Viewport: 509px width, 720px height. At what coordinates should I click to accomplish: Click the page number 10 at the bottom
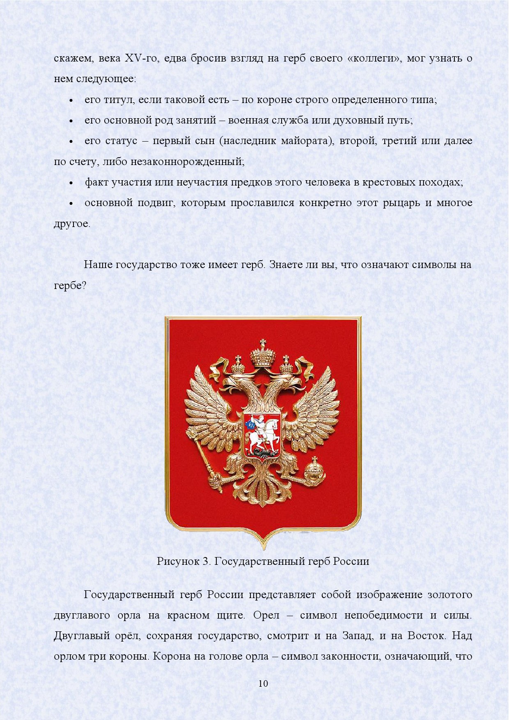(x=263, y=683)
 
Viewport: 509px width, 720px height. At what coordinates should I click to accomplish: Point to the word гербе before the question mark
(x=67, y=286)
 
